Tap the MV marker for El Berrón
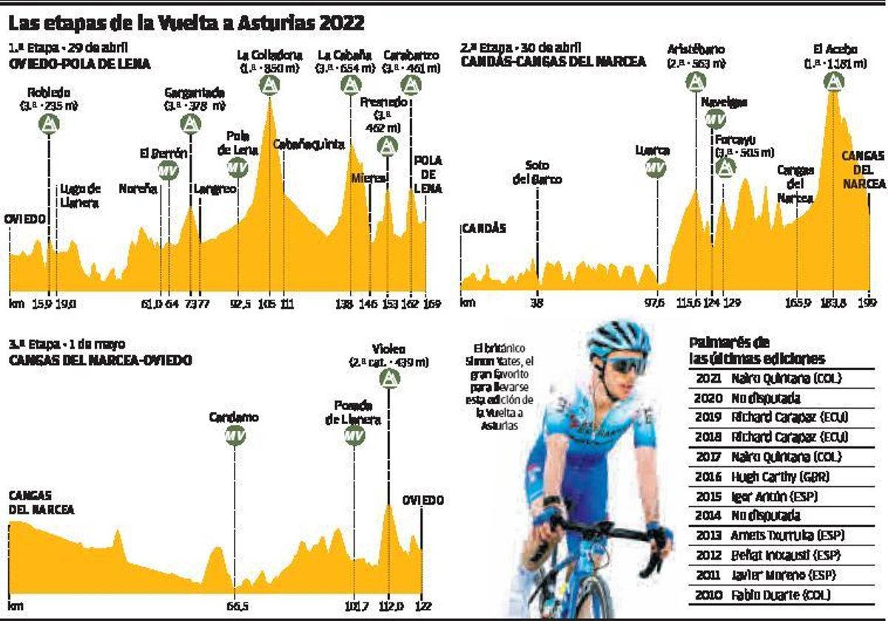coord(168,171)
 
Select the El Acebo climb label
coord(835,56)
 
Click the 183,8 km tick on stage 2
coord(832,302)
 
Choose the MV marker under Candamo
coord(234,435)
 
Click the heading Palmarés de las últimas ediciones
coord(756,350)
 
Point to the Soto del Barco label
coord(543,172)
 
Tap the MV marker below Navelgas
coord(713,118)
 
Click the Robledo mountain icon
coord(49,123)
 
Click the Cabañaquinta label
coord(309,145)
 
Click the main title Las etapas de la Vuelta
coord(186,23)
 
